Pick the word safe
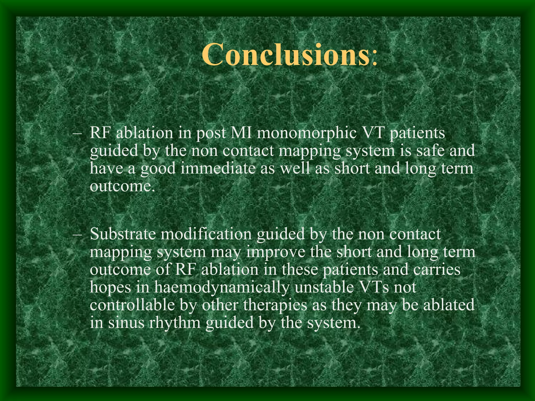pos(430,151)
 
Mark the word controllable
pos(132,305)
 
